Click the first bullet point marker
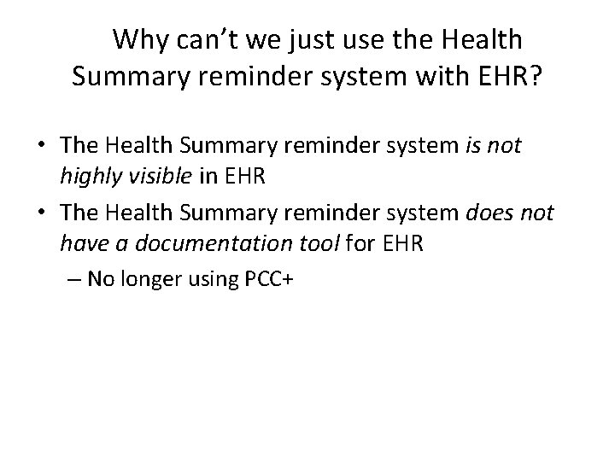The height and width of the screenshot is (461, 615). click(39, 148)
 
